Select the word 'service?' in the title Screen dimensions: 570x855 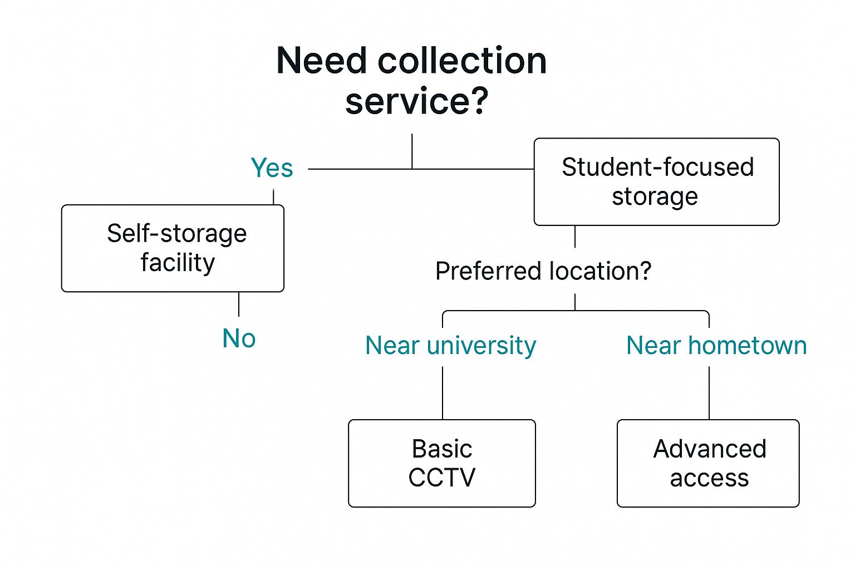coord(416,101)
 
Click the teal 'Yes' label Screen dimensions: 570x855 coord(272,168)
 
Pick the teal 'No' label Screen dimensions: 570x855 coord(239,338)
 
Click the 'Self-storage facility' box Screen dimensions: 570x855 coord(173,248)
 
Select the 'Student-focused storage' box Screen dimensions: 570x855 coord(656,182)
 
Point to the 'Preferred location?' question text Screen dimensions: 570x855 coord(543,272)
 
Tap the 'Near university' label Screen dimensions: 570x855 coord(450,346)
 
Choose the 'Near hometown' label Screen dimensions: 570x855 coord(716,346)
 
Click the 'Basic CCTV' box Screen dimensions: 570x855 coord(442,463)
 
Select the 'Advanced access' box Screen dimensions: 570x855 coord(708,463)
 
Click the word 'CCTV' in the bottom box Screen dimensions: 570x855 coord(442,478)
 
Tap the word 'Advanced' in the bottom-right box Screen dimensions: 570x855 coord(710,449)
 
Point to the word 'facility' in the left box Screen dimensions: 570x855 coord(178,263)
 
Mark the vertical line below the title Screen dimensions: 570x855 coord(412,151)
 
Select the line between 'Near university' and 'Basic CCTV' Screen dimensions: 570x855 coord(443,392)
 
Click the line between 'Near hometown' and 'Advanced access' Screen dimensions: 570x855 coord(709,392)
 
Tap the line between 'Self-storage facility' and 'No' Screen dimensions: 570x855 coord(239,304)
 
